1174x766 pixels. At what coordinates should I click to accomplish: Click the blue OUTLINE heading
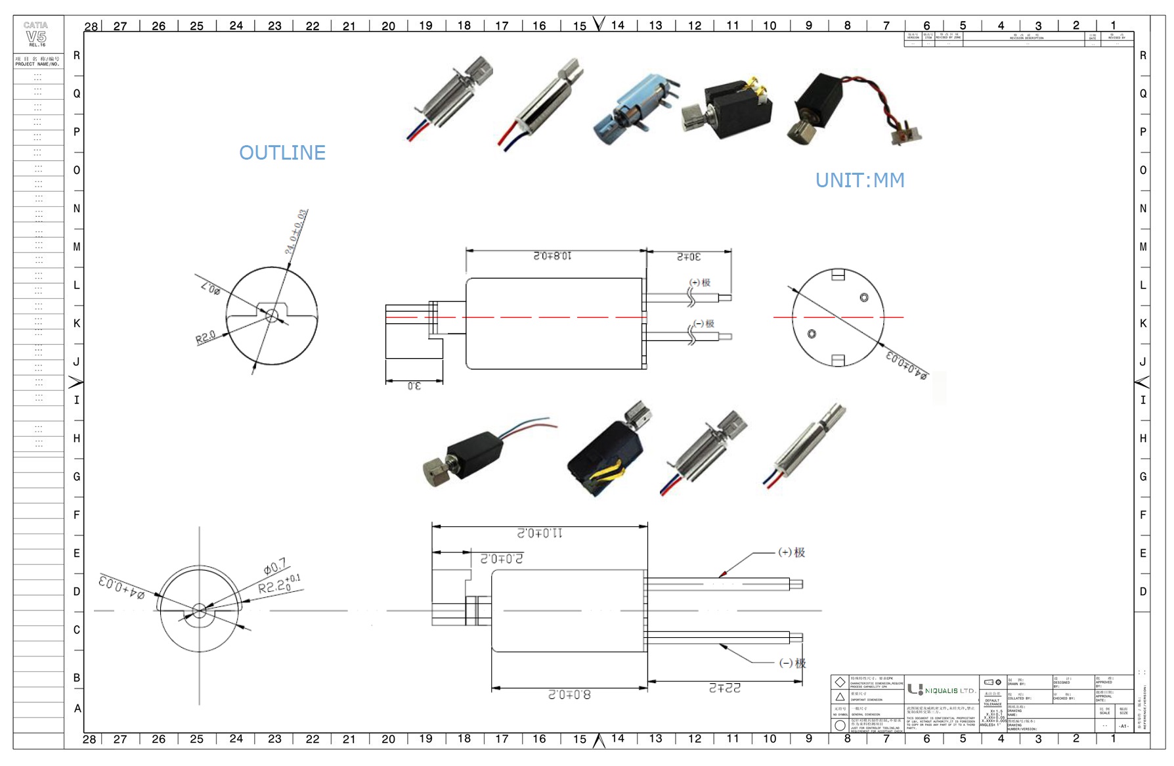click(282, 152)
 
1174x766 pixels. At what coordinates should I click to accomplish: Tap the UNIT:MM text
click(859, 180)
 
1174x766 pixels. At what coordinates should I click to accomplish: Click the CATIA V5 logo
click(36, 34)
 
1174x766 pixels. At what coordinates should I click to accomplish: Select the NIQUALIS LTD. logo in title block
click(942, 690)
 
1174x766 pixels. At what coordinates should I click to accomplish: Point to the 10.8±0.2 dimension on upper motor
click(552, 256)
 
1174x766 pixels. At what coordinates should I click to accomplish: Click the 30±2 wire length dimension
click(689, 256)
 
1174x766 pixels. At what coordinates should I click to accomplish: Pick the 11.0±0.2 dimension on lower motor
click(540, 533)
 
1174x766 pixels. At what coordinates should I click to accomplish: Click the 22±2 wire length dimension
click(724, 688)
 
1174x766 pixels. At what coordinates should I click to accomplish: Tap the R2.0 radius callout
click(206, 338)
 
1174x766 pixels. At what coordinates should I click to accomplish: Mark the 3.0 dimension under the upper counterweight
click(414, 386)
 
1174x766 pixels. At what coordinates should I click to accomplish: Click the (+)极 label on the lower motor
click(791, 552)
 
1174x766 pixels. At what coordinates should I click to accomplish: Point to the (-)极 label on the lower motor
click(792, 663)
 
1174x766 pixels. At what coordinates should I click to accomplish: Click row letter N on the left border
click(77, 209)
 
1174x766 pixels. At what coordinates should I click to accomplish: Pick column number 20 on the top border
click(388, 26)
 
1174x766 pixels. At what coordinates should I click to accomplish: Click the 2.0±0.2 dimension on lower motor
click(502, 558)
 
